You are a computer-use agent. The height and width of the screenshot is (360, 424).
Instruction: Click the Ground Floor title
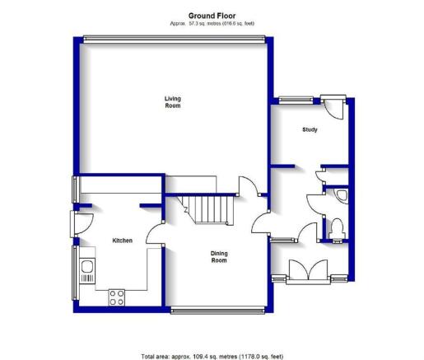coord(212,16)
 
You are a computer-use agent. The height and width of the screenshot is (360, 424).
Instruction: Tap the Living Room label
coord(173,102)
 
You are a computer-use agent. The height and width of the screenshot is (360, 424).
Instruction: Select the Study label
coord(310,129)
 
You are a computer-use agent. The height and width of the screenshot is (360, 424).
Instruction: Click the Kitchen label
coord(123,241)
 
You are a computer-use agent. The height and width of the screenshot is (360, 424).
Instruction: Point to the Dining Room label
coord(219,257)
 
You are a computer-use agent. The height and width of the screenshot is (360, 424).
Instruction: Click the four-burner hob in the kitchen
coord(117,297)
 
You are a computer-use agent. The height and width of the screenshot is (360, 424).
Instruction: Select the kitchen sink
coord(87,270)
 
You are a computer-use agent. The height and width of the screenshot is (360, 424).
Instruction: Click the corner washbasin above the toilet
coord(342,196)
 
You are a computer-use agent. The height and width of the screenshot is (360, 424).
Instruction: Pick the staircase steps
coord(205,209)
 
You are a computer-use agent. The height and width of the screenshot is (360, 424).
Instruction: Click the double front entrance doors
coord(308,271)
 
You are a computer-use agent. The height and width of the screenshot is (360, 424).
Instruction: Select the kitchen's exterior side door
coord(82,224)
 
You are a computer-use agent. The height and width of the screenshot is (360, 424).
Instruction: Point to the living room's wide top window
coord(175,40)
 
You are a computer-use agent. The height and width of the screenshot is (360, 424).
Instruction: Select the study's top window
coord(296,101)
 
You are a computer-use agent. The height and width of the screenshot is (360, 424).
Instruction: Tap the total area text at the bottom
coord(212,357)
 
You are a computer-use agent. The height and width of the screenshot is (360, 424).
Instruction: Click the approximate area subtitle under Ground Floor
coord(212,23)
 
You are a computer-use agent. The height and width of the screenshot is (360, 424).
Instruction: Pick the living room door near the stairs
coord(249,186)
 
